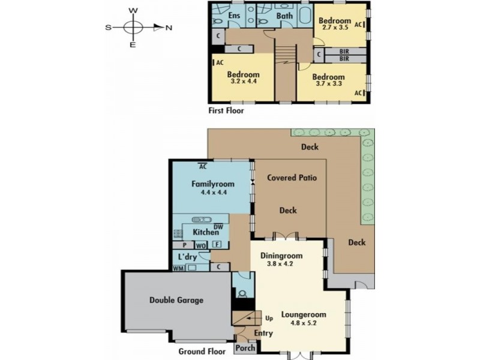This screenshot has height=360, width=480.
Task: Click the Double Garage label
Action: (x=176, y=300)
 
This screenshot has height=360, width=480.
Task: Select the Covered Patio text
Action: (x=292, y=178)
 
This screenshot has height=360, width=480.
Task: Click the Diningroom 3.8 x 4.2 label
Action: (x=281, y=259)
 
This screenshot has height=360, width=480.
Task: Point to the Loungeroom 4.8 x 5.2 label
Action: (x=303, y=318)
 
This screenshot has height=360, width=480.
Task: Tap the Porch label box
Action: (x=246, y=348)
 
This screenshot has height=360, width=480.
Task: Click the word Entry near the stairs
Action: (x=263, y=334)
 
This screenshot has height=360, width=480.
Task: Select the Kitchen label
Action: (x=205, y=232)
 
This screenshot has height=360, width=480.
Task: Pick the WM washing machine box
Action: (x=178, y=268)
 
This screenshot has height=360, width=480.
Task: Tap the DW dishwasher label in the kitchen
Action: (x=218, y=226)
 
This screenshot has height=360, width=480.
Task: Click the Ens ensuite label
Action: (x=234, y=16)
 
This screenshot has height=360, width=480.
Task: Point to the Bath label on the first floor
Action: (x=284, y=16)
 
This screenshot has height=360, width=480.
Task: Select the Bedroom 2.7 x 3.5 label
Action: (x=334, y=25)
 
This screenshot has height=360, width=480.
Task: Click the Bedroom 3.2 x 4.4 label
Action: (x=242, y=79)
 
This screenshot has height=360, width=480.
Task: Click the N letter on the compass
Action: (x=169, y=27)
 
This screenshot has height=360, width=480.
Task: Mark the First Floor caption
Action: (x=226, y=110)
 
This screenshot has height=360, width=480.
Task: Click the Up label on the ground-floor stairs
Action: (x=269, y=317)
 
